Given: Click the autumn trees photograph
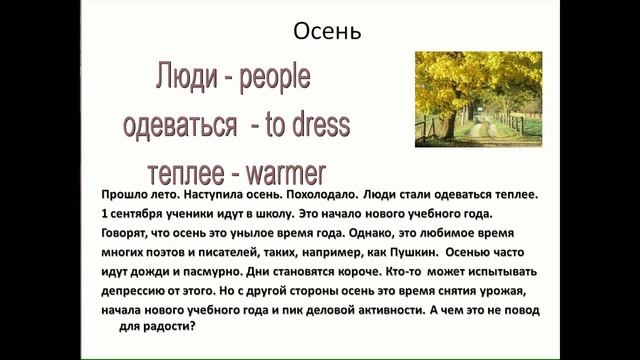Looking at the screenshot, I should (x=477, y=99).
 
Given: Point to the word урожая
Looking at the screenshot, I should (x=525, y=293).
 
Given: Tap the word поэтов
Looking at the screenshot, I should (x=171, y=254).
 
